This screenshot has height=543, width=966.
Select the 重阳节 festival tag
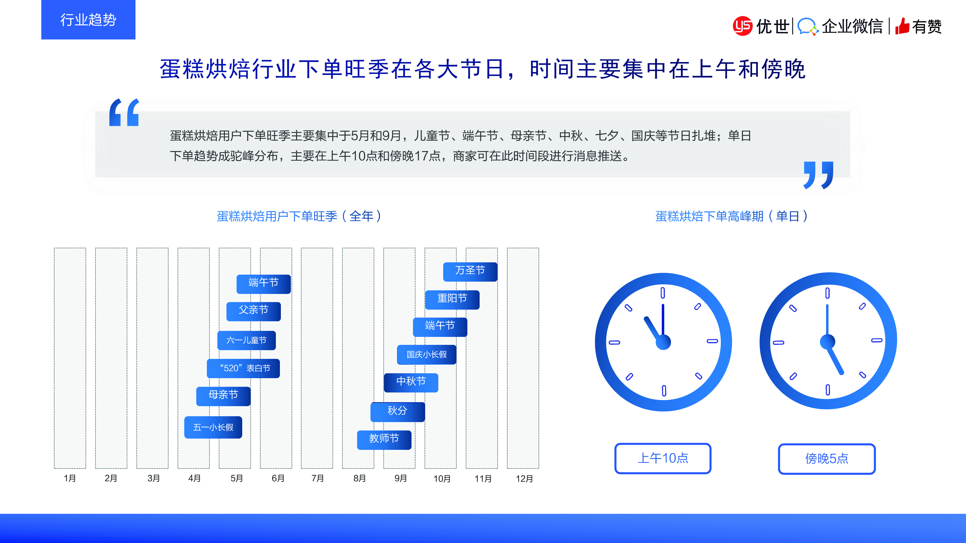[x=452, y=300]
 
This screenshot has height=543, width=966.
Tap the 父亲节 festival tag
[x=254, y=311]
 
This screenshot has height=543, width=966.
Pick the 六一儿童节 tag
[x=246, y=340]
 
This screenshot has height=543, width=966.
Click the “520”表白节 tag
[x=243, y=368]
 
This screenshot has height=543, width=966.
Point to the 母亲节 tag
[x=223, y=396]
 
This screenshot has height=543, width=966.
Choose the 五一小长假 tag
[x=213, y=427]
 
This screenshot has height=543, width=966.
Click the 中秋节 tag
[x=411, y=383]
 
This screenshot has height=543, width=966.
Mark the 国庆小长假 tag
[x=427, y=355]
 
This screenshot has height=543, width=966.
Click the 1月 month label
[x=70, y=478]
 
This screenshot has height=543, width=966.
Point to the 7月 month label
[x=318, y=478]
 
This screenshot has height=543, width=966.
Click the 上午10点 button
[x=663, y=458]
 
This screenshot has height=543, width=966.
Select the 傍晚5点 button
[x=827, y=459]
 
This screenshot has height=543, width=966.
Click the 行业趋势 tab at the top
[x=88, y=20]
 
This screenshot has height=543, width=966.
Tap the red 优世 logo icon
[x=743, y=26]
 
